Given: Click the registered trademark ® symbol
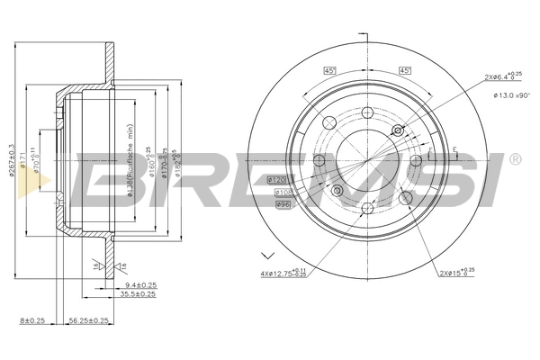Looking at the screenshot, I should click(514, 159).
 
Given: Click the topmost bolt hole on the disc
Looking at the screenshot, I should click(368, 112).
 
